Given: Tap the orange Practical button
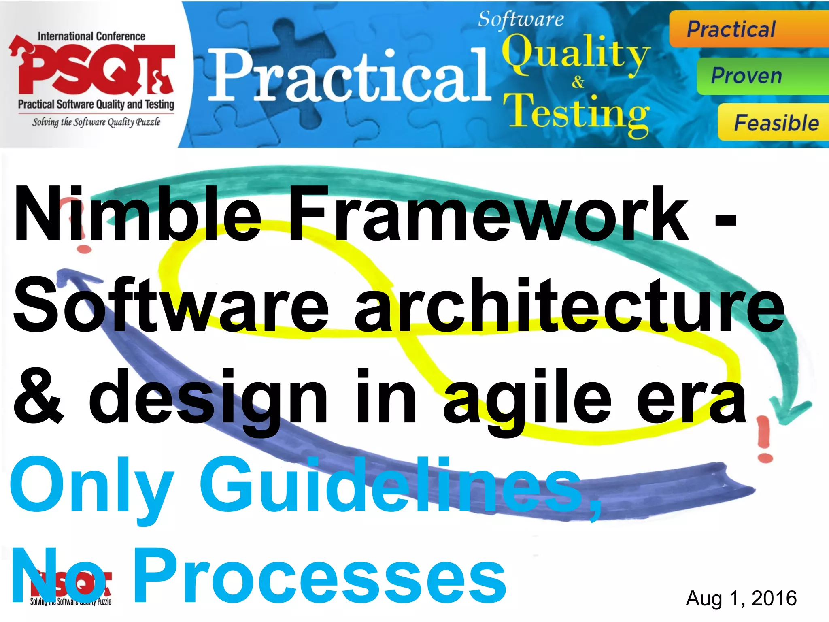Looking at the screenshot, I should coord(749,29).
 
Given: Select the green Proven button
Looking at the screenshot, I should coord(761,76).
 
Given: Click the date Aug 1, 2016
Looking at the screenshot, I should coord(741,599).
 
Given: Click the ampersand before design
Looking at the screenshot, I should coord(38,397).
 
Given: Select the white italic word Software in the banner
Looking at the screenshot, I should coord(521,19).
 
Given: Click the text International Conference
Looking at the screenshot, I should coord(91,36).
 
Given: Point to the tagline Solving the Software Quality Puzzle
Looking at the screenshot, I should coord(96,122).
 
